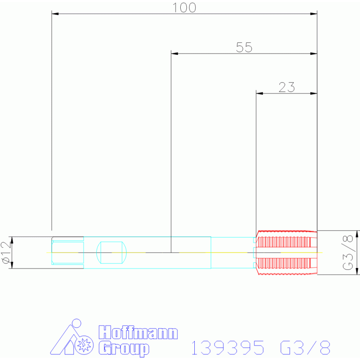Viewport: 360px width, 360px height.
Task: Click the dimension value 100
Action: click(x=184, y=8)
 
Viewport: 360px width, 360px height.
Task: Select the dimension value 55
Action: click(x=244, y=47)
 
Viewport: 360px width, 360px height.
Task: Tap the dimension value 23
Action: click(x=286, y=87)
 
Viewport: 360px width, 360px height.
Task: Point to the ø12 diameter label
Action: click(x=6, y=253)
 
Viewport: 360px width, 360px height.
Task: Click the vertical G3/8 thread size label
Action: click(x=348, y=253)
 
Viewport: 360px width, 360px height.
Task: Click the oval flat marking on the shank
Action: click(x=111, y=253)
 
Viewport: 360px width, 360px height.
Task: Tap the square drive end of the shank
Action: click(x=68, y=253)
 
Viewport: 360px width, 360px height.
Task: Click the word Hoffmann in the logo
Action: click(x=138, y=334)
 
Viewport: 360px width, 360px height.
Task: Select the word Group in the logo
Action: click(x=124, y=349)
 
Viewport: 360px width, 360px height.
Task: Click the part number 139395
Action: click(x=228, y=348)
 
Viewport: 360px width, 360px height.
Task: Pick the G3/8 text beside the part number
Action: click(x=305, y=348)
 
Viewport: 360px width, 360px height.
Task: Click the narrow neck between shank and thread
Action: click(x=232, y=253)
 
